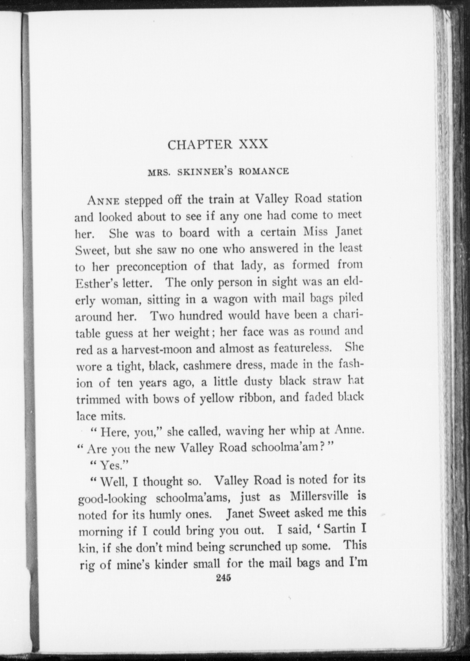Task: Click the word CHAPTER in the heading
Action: click(200, 145)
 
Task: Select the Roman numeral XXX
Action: click(253, 144)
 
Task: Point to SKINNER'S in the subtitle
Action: click(204, 172)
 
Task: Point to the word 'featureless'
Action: click(303, 349)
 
